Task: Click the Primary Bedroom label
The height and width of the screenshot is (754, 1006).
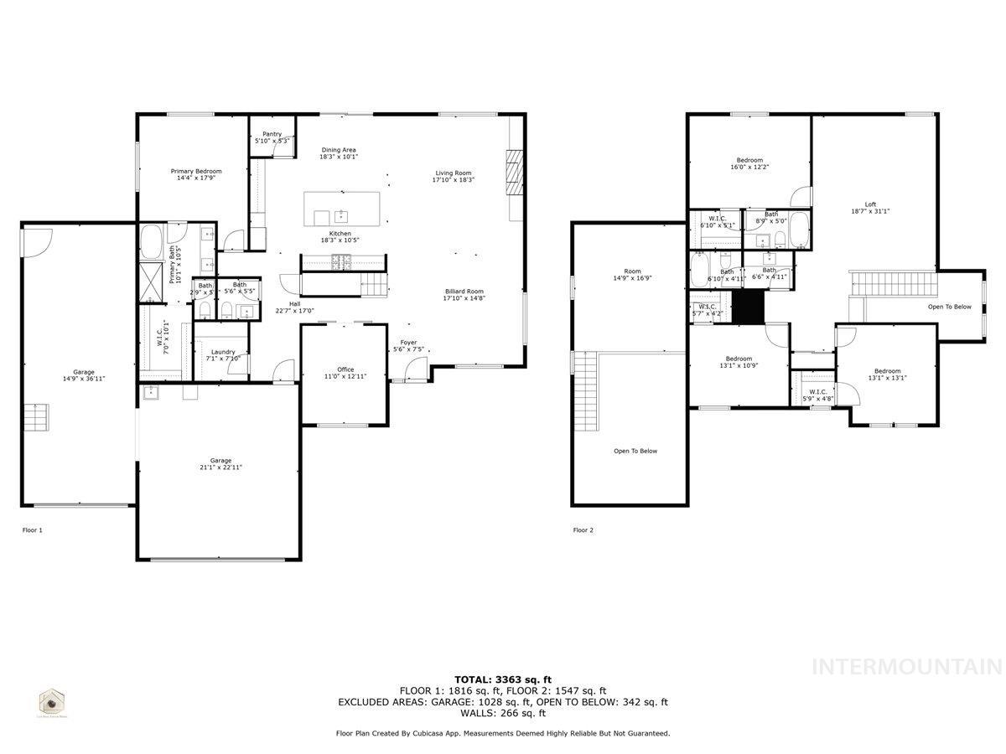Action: coord(196,174)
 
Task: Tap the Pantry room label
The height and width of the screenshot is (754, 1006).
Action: coord(272,137)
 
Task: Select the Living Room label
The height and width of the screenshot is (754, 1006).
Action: coord(454,176)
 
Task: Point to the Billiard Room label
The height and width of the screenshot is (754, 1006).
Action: coord(464,294)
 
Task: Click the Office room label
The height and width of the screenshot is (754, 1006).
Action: coord(345,373)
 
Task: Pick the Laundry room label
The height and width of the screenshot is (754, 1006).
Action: coord(223,355)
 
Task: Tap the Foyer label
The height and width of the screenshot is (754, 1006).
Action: coord(408,345)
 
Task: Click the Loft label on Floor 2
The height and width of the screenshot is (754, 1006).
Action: coord(871,208)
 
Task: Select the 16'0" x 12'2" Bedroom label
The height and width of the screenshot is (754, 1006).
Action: coord(749,164)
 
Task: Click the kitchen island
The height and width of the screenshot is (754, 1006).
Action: coord(341,208)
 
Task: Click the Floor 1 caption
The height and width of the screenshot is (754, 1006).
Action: coord(32,530)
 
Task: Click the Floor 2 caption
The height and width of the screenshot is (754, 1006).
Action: coord(583,530)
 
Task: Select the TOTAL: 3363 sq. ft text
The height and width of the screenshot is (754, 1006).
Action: coord(503,679)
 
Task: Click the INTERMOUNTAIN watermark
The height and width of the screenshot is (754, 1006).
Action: coord(907,667)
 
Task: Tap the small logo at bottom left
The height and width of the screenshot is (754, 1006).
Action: coord(53,702)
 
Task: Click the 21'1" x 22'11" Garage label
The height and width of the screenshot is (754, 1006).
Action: coord(220,464)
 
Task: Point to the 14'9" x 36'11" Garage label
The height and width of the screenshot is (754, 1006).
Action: coord(83,375)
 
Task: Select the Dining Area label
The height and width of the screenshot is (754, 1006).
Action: coord(339,153)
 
